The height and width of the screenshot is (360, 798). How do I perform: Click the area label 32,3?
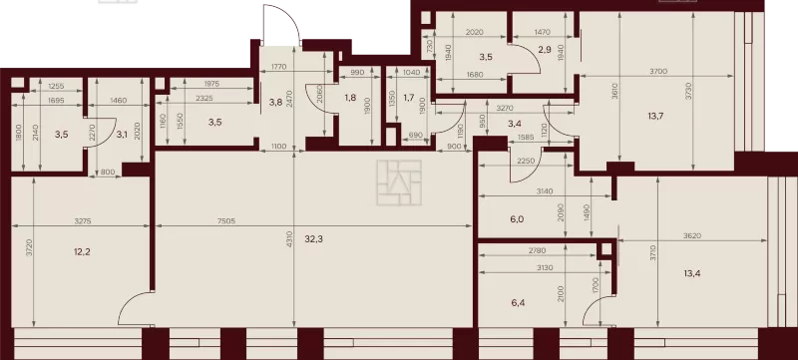click(x=314, y=238)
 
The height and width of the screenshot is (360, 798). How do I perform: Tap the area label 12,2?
click(x=82, y=251)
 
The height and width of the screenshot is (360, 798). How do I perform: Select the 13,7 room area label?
click(x=655, y=116)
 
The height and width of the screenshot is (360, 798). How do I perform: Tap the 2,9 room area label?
click(x=545, y=50)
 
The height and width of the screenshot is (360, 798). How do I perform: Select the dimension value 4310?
click(x=288, y=238)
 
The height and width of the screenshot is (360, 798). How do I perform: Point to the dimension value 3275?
click(x=83, y=221)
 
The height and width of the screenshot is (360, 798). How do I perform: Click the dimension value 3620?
click(x=692, y=235)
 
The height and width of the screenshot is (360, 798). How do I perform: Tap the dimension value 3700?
click(x=658, y=72)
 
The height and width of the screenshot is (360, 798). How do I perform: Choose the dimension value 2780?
click(x=538, y=250)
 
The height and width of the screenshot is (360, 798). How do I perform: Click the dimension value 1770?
click(x=280, y=66)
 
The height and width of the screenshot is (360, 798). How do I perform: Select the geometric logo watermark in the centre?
click(x=399, y=182)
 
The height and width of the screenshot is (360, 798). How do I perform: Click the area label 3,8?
click(x=275, y=101)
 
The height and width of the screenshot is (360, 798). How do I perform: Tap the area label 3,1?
click(x=122, y=135)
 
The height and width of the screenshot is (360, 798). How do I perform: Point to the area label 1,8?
click(x=350, y=98)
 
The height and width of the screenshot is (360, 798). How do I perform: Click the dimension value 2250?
click(x=526, y=161)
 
